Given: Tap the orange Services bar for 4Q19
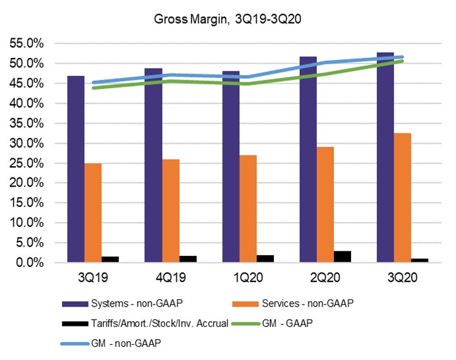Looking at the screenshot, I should [x=170, y=211].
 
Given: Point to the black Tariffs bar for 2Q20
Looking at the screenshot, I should [x=343, y=256].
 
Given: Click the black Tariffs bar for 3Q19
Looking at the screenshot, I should [x=110, y=259].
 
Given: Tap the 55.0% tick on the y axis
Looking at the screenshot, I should [x=27, y=44].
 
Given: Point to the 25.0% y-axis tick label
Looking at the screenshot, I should [x=27, y=163].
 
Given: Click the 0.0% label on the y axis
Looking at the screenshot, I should [x=30, y=262].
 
